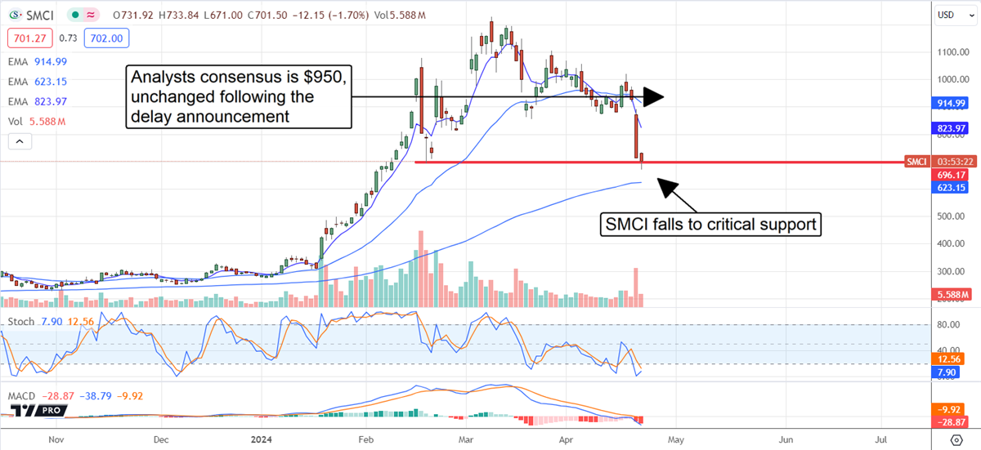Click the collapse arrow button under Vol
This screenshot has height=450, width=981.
[x=19, y=141]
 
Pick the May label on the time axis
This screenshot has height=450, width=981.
[x=676, y=438]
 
